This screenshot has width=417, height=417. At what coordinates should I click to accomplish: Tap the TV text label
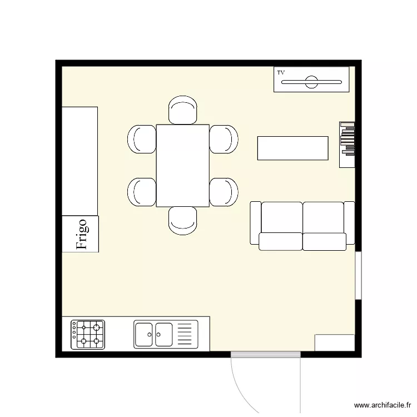coord(281,73)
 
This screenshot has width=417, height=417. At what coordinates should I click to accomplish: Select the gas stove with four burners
coord(88,334)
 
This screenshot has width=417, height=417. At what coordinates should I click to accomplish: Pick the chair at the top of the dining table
coord(183,110)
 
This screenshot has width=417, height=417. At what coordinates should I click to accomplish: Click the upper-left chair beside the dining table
coord(142,139)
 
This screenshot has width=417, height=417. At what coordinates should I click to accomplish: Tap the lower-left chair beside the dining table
coord(142,192)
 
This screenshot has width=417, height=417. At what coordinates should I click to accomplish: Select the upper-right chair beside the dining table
coord(224,139)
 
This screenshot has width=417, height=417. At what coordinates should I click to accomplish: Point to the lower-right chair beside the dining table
coord(224,192)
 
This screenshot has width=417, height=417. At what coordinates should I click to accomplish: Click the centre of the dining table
coord(183,166)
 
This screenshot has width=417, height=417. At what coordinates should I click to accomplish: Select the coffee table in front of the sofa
coord(292,148)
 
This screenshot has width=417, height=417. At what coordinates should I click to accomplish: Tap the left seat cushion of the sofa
coord(281,241)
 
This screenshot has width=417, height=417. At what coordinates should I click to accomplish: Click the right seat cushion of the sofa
coord(324,241)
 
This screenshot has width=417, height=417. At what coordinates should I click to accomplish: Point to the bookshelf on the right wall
coord(348,144)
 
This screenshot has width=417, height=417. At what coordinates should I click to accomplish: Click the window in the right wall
coord(359,276)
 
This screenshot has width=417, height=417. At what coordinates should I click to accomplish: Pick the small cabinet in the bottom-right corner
coord(335,342)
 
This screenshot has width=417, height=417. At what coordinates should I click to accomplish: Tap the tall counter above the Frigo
coord(80,161)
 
